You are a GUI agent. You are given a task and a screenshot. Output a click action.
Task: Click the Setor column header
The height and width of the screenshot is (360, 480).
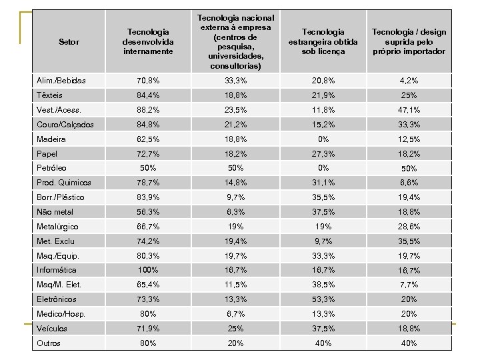[69, 42]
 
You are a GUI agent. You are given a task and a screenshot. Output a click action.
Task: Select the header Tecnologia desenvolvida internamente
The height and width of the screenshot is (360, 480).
[148, 41]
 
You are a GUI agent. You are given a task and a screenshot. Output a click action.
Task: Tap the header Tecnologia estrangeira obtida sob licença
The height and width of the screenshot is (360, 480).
[323, 41]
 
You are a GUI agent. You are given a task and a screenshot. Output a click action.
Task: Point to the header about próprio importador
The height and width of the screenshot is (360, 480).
[409, 41]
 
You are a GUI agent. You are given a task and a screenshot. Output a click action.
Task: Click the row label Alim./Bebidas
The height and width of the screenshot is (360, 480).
[61, 81]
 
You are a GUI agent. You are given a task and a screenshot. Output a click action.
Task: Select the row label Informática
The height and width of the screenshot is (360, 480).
[57, 270]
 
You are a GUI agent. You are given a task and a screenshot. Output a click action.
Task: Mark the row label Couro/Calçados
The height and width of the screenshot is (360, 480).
[65, 125]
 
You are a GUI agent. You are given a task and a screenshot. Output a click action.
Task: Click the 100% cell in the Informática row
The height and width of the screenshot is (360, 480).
[148, 270]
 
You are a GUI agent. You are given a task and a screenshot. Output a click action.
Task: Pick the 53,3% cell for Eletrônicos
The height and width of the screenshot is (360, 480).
[323, 299]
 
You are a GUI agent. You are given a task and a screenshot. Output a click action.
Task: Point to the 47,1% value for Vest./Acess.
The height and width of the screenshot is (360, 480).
[409, 110]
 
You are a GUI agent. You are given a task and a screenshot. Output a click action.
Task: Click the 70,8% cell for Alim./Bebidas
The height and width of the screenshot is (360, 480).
[148, 81]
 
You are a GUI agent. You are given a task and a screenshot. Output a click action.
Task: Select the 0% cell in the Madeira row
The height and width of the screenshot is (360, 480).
[323, 139]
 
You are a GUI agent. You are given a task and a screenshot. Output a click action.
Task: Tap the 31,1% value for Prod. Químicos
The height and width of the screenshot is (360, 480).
[323, 183]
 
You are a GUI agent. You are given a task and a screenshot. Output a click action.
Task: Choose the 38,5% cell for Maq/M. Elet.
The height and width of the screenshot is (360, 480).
[323, 285]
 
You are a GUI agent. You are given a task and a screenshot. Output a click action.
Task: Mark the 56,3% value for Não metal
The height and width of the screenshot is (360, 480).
[148, 212]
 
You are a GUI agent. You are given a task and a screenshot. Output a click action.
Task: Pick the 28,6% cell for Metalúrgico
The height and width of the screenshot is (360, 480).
[409, 227]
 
